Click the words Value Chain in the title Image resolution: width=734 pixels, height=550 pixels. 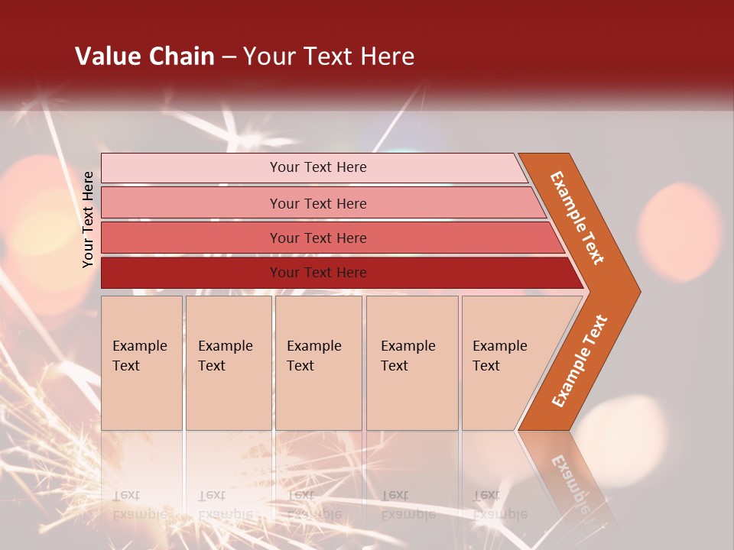coord(145,57)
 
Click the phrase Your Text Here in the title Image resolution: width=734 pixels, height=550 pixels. coord(329,57)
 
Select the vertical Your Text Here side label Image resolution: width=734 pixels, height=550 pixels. coord(89,219)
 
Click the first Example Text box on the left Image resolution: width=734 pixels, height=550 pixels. coord(141,363)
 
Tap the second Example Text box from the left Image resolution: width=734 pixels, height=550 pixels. coord(228,363)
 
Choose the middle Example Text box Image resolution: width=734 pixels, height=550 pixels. coord(318,363)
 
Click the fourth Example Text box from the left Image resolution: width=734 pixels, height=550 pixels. coord(412,363)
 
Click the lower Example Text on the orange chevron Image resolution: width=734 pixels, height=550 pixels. coord(580,361)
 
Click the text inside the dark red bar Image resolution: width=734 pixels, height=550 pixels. coord(318,273)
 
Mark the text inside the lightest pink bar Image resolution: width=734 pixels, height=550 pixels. coord(318,167)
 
